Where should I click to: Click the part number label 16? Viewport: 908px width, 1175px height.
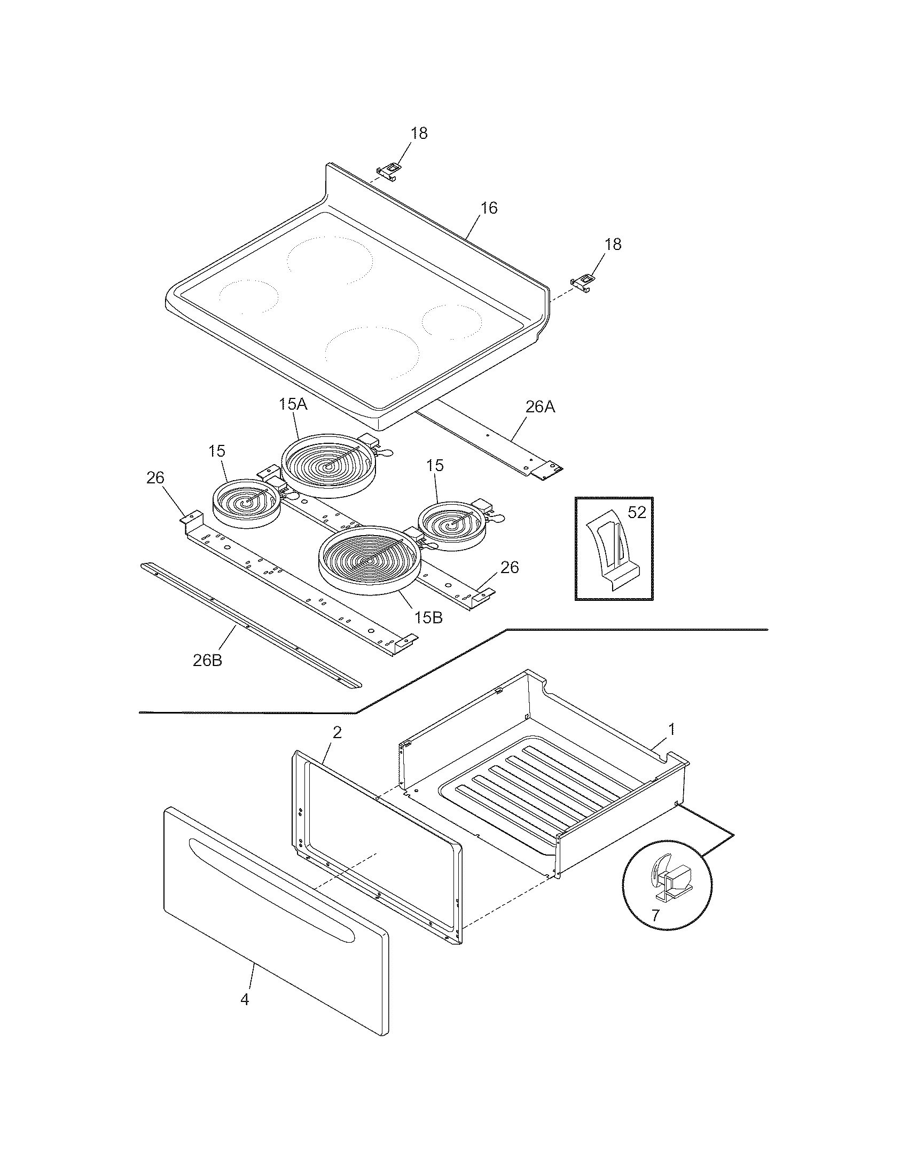point(488,208)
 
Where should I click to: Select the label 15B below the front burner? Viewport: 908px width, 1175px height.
point(428,617)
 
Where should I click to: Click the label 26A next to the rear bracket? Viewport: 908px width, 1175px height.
point(540,408)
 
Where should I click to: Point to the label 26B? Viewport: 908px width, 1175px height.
point(208,660)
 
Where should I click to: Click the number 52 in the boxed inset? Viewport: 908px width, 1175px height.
point(636,513)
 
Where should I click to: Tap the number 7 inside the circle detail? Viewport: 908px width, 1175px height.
point(655,915)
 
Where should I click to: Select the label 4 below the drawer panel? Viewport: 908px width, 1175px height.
point(245,1000)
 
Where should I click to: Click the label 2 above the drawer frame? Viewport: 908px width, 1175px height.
point(336,732)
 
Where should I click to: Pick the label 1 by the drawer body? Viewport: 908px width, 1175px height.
point(671,730)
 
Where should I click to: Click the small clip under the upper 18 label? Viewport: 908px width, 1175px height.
point(389,170)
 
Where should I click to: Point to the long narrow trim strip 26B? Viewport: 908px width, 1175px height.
point(250,627)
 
